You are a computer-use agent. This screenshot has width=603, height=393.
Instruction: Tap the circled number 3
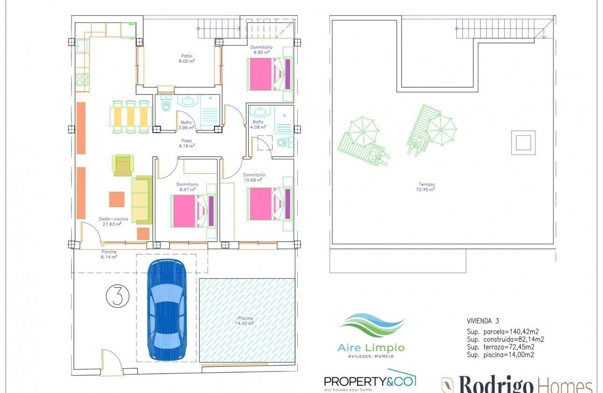pos(117,296)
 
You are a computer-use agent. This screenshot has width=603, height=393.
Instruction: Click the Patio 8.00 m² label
pos(187,58)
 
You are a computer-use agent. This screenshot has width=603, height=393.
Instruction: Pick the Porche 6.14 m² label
pos(108,254)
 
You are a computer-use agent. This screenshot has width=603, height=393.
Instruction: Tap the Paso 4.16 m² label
pos(187,143)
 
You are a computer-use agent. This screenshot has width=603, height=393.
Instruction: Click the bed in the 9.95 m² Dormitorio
pos(270,74)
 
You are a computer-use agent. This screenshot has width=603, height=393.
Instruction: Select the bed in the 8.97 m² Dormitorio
pos(194,211)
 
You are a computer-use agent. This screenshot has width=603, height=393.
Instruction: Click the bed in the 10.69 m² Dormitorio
pos(270,204)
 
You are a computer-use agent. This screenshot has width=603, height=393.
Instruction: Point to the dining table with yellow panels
pos(131,116)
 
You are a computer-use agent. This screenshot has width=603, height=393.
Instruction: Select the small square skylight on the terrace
pos(523,142)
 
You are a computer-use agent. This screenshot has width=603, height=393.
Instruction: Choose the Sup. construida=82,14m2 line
pos(505,340)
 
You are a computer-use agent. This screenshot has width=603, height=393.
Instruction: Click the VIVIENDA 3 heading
pos(483,321)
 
